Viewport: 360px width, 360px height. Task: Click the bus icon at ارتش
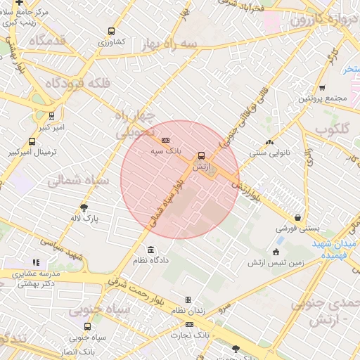coord(202,155)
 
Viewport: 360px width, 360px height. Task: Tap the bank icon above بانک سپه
coord(165,140)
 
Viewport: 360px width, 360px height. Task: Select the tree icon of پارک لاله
coord(84,207)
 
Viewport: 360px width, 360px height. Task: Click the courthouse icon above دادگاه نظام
coord(151,250)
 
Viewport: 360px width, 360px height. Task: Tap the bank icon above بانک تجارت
coord(189,324)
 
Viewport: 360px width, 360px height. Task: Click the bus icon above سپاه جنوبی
coord(87,326)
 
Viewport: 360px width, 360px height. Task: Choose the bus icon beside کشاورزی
coord(111,31)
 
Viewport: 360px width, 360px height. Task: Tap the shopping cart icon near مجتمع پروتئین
coord(322,88)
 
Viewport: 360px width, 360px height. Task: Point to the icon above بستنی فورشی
coord(300,218)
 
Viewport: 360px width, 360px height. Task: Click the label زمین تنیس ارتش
coord(276,263)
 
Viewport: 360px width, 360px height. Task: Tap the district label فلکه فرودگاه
coord(78,83)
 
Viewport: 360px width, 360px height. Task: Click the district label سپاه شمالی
coord(78,181)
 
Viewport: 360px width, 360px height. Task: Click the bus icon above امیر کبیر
coord(51,116)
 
